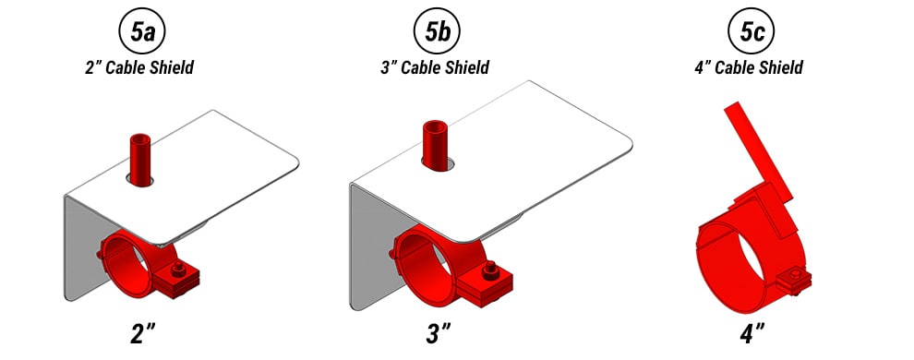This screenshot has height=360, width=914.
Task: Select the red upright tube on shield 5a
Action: coord(140,158)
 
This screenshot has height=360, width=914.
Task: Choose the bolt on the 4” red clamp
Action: coord(793,280)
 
